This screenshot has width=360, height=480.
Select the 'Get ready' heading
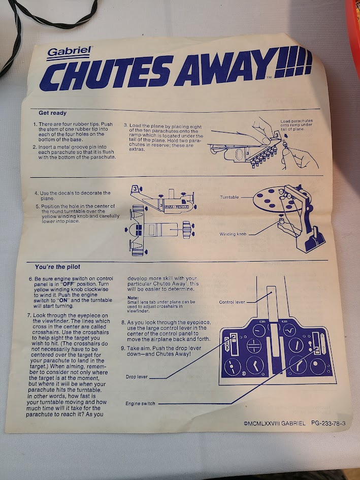(x=52, y=113)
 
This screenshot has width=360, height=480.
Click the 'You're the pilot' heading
(x=57, y=267)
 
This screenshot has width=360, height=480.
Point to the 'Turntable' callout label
(x=230, y=197)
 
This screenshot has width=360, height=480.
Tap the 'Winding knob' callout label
(x=233, y=234)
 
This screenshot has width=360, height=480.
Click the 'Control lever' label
(x=232, y=302)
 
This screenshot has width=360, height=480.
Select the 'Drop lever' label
(x=137, y=377)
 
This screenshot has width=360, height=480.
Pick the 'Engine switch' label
(x=140, y=403)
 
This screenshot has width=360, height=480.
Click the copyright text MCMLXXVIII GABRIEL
(x=275, y=424)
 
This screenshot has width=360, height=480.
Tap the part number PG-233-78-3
(x=329, y=423)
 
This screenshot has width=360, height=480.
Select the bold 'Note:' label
(x=133, y=298)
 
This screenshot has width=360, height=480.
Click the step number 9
(x=123, y=348)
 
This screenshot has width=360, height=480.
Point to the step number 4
(x=37, y=193)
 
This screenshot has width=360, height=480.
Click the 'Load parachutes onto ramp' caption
(x=297, y=125)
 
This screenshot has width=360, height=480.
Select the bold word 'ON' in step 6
(x=63, y=300)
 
